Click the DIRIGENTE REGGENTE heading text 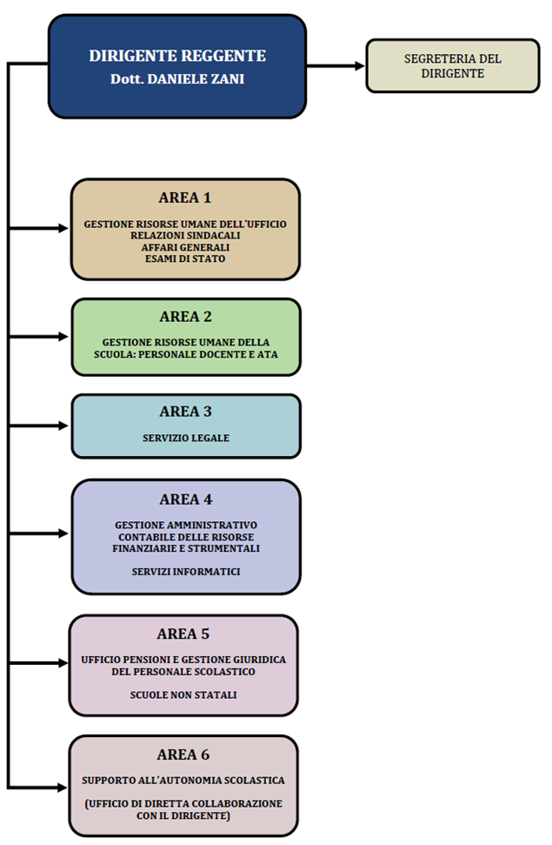(x=177, y=56)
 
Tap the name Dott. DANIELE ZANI (x=177, y=78)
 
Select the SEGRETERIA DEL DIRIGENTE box (x=452, y=66)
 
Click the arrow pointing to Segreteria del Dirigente (x=336, y=66)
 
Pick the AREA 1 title (x=185, y=198)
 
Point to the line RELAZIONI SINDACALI (x=185, y=236)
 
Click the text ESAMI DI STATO (x=185, y=258)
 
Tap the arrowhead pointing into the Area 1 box (x=63, y=228)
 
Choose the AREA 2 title (x=186, y=317)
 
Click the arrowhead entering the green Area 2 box (x=63, y=337)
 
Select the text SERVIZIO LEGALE (x=186, y=438)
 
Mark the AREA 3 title (x=186, y=412)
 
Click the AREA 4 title (x=186, y=500)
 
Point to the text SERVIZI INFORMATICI (x=186, y=572)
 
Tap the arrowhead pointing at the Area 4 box (x=63, y=533)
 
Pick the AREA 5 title (x=183, y=634)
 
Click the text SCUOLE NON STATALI (x=183, y=695)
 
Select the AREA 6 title (x=183, y=755)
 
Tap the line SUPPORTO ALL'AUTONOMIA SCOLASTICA (x=183, y=781)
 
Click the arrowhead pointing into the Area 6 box (x=63, y=788)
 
